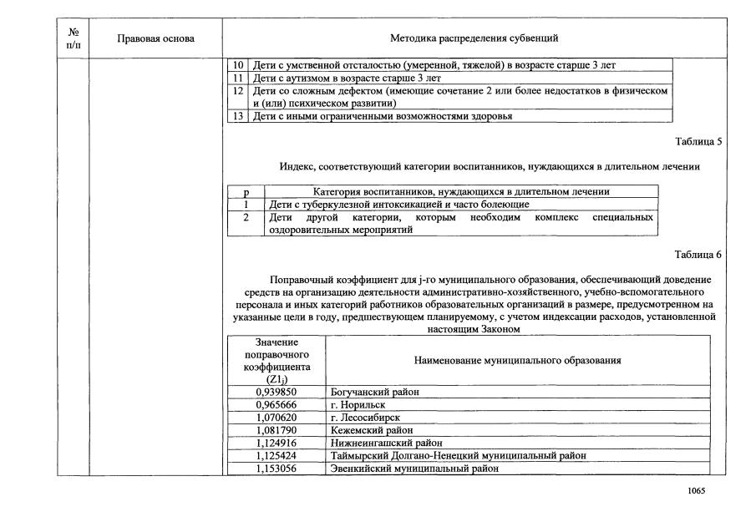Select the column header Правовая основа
[155, 38]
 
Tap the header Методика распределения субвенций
[474, 38]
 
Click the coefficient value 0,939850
[276, 392]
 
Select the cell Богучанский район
[374, 392]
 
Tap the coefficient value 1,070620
[276, 418]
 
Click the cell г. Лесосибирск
[365, 418]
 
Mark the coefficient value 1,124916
[276, 443]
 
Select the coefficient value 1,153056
[276, 469]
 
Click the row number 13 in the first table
[237, 116]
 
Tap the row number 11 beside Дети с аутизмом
[237, 78]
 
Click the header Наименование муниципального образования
[517, 360]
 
